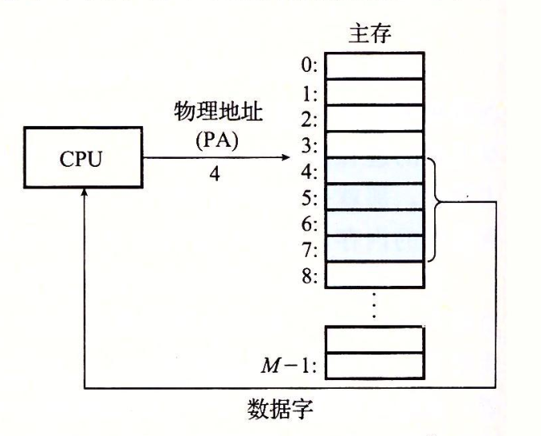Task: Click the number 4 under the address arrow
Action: (215, 173)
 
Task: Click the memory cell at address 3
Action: (374, 145)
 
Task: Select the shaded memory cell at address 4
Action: (374, 171)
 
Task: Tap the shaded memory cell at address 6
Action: (374, 223)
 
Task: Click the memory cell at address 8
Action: (374, 275)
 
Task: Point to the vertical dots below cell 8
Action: (374, 304)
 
